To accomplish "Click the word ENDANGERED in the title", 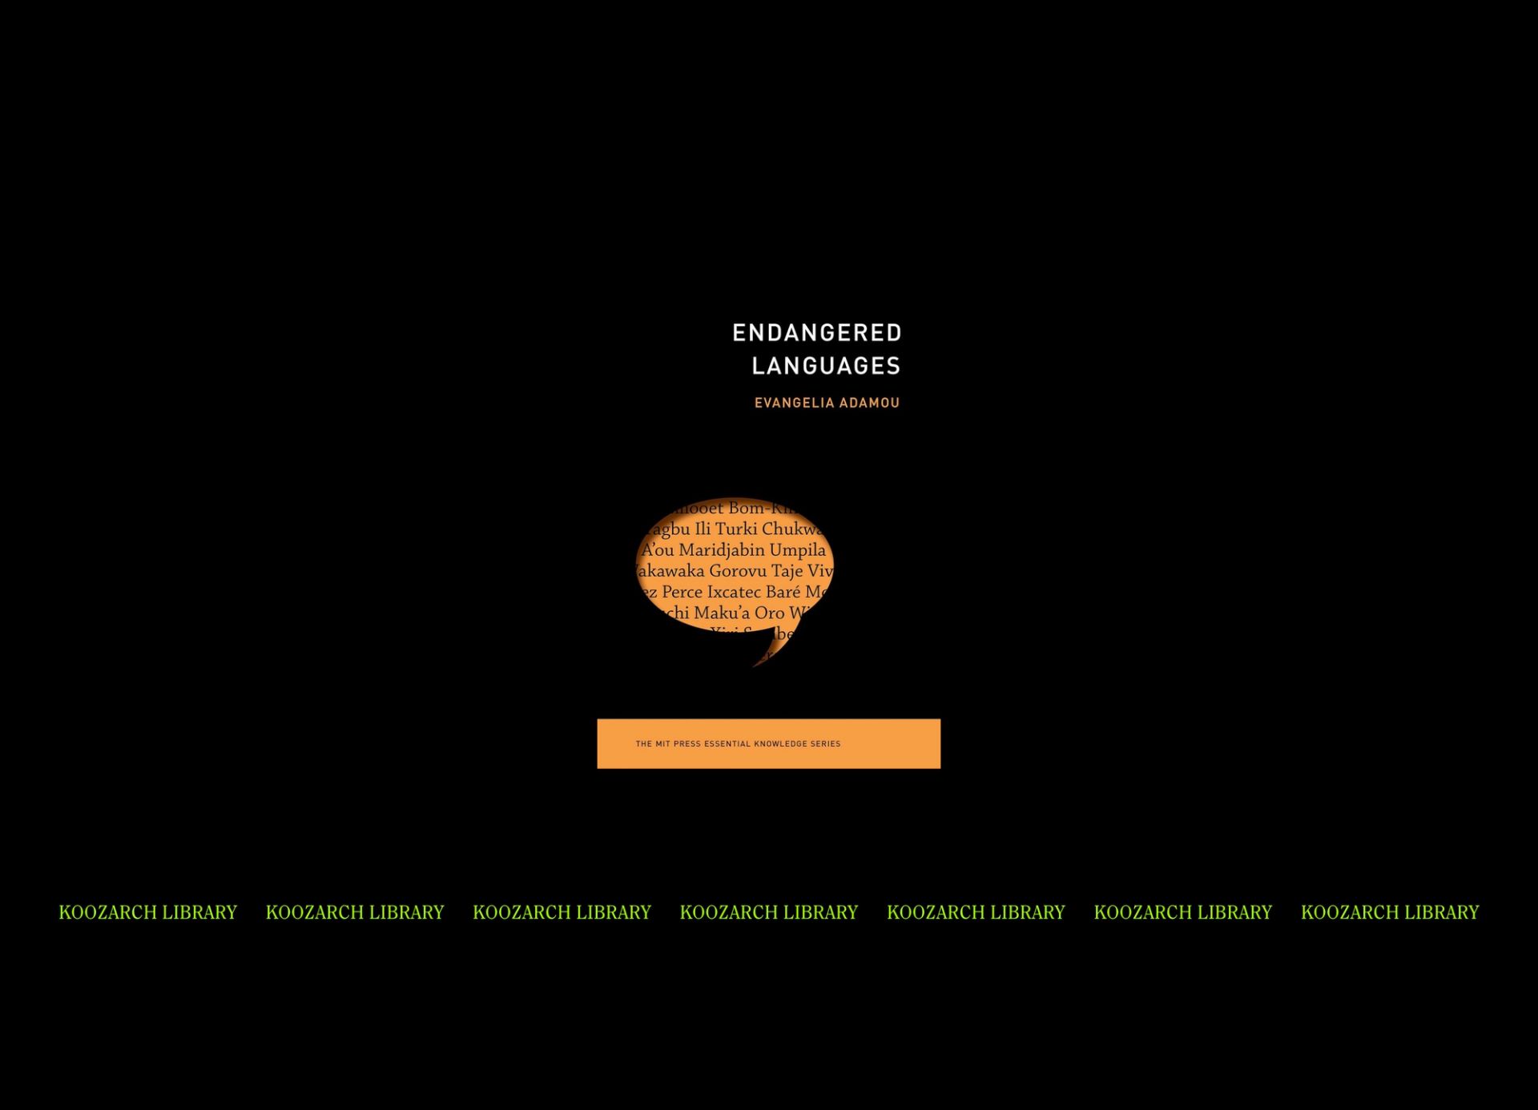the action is tap(817, 332).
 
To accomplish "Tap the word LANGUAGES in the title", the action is tap(826, 366).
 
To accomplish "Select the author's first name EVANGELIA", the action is tap(795, 403).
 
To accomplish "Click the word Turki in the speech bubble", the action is tap(735, 529).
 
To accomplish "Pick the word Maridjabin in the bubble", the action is tap(722, 550).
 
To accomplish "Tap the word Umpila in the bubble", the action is tap(797, 550).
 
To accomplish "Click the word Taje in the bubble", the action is tap(787, 571).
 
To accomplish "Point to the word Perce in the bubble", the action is tap(682, 593).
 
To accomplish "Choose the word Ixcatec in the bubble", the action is tap(734, 593).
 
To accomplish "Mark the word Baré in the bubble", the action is tap(783, 593).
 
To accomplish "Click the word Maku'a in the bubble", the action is tap(722, 613).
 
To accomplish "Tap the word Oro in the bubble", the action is tap(769, 613).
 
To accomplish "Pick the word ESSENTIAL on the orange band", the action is tap(727, 744).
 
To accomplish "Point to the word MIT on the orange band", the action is tap(662, 744).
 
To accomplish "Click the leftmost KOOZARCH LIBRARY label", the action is tap(148, 912).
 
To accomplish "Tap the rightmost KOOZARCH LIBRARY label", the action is tap(1390, 912).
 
